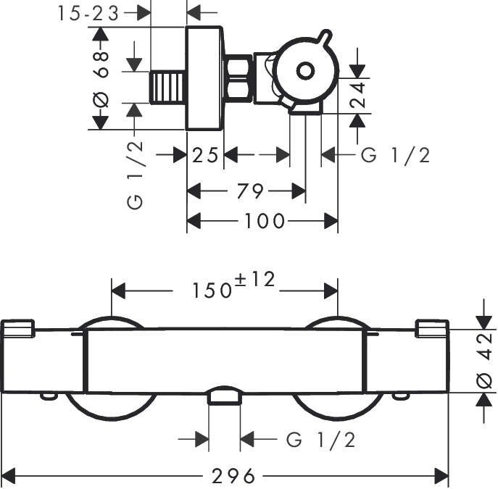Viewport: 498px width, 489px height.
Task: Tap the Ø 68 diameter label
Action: click(x=101, y=80)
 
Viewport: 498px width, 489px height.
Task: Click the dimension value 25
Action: click(x=205, y=155)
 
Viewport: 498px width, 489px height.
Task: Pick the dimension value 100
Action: click(x=264, y=222)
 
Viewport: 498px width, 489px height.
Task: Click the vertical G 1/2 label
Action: click(x=136, y=175)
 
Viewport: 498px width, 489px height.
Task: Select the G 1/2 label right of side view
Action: click(x=395, y=155)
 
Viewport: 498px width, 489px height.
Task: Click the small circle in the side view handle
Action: click(x=304, y=71)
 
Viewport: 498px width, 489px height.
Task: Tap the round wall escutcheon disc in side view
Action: click(x=204, y=79)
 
